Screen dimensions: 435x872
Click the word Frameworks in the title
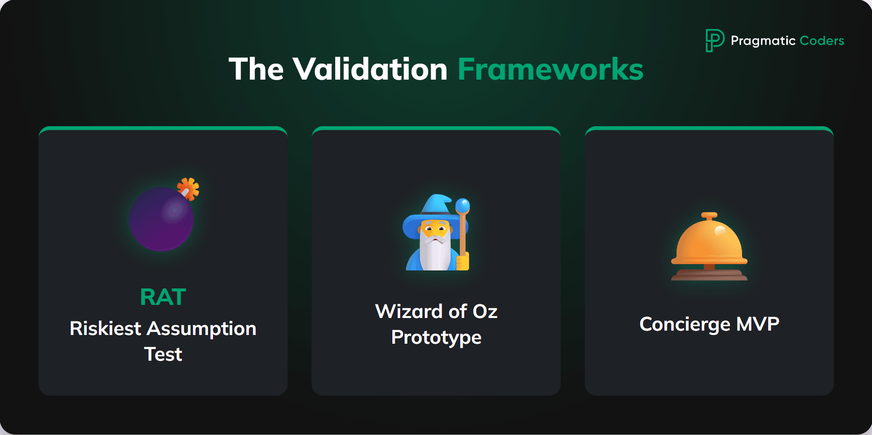[550, 69]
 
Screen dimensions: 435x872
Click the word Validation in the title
[370, 69]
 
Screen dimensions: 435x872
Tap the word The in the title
[256, 69]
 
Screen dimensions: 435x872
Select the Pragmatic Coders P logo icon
[714, 40]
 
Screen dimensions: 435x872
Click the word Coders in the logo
[822, 41]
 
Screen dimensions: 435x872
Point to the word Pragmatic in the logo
[763, 41]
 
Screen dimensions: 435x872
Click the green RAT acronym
[163, 297]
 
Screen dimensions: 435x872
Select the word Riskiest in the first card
[105, 329]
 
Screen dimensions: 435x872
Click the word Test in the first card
[163, 354]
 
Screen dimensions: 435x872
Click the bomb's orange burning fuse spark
[189, 188]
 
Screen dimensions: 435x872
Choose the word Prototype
[436, 337]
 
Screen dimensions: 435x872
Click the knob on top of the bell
[709, 215]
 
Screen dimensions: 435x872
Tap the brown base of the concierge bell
[709, 275]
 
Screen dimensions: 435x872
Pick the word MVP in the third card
[757, 324]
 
